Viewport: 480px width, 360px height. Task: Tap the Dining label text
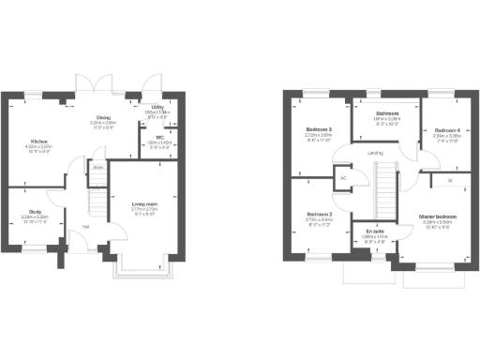tap(103, 117)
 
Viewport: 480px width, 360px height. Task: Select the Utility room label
tap(157, 108)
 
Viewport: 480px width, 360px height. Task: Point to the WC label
tap(159, 137)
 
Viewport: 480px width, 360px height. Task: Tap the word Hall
tap(84, 226)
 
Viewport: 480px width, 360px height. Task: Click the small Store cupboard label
tap(97, 169)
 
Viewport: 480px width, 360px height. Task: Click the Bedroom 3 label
tap(320, 130)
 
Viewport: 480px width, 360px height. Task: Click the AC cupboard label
tap(343, 176)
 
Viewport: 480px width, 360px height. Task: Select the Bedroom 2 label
tap(320, 215)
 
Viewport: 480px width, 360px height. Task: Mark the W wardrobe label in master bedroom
tap(449, 181)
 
